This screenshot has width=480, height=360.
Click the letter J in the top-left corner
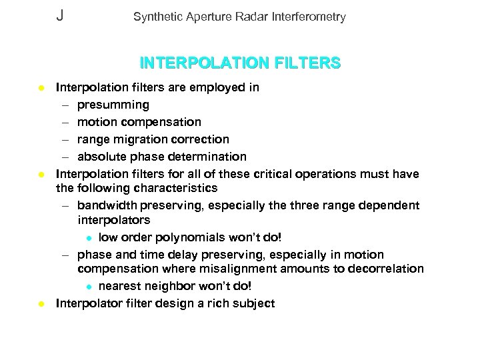pos(60,16)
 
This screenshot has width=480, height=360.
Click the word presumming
pos(113,105)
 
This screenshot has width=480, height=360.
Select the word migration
pos(139,139)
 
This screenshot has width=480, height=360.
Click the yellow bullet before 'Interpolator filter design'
pos(41,303)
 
